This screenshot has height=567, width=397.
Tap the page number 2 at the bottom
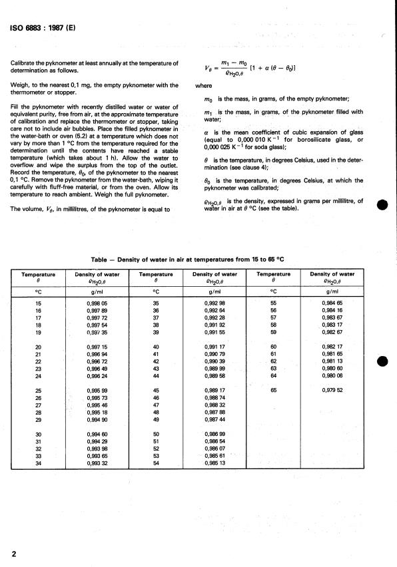[x=14, y=554]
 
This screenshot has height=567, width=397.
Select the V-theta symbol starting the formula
[x=208, y=67]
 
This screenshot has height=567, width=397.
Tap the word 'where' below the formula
[x=203, y=86]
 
